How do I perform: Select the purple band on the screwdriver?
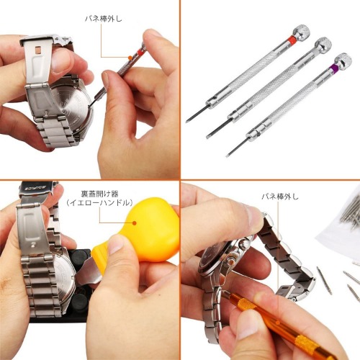pos(333,68)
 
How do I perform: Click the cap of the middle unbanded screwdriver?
pos(323,45)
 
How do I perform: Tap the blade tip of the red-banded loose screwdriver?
pos(186,122)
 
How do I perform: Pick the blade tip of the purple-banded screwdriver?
pos(227,156)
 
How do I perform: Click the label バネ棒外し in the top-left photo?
pos(104,19)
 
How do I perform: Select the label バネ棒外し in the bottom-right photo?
pos(280,197)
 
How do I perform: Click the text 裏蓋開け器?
pos(99,194)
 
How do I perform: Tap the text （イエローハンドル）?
pos(99,203)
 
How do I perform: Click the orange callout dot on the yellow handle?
pos(135,223)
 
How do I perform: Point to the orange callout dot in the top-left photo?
pos(130,58)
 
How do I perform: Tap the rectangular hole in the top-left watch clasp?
pos(37,50)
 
